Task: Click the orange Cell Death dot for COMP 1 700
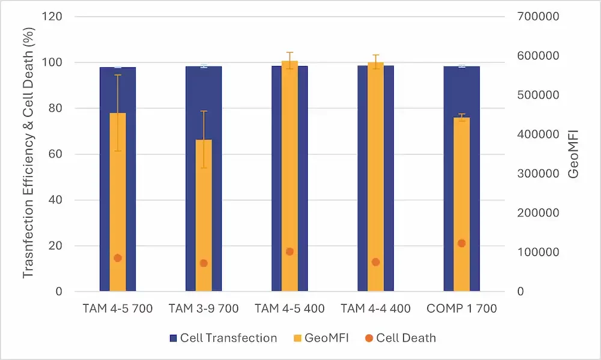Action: pyautogui.click(x=462, y=243)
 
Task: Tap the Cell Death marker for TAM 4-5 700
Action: pyautogui.click(x=118, y=258)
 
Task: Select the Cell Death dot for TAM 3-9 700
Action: pyautogui.click(x=204, y=263)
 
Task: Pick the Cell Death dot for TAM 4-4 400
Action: pyautogui.click(x=376, y=262)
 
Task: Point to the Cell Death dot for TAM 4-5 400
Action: pyautogui.click(x=290, y=252)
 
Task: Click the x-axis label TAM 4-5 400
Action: pyautogui.click(x=290, y=309)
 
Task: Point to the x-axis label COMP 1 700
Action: pyautogui.click(x=462, y=309)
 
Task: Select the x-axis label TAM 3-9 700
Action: pyautogui.click(x=204, y=309)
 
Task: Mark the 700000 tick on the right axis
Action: pyautogui.click(x=538, y=16)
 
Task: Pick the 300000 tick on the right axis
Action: pyautogui.click(x=538, y=174)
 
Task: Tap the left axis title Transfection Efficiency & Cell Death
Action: pyautogui.click(x=28, y=154)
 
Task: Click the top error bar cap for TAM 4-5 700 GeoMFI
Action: pyautogui.click(x=118, y=75)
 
